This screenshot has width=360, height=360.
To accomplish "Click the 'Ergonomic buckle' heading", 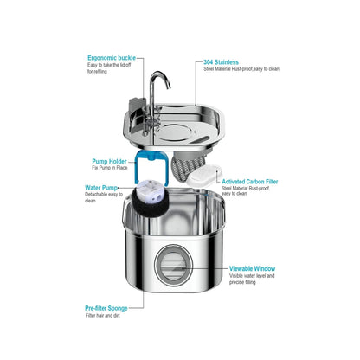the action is [112, 58].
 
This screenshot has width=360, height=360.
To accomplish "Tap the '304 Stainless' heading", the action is [221, 62].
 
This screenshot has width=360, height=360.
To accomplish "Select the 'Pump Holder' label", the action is [109, 161].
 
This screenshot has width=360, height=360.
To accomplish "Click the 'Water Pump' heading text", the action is [101, 188].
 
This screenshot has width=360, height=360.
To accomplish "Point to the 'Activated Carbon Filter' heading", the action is [250, 182].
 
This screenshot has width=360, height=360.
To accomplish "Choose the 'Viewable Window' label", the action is [252, 269].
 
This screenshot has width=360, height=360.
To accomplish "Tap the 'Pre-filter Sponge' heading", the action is [106, 308].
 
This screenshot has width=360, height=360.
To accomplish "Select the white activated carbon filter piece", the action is [205, 175].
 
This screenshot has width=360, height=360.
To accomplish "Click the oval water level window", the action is [173, 266].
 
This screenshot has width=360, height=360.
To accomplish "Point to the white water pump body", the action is [150, 191].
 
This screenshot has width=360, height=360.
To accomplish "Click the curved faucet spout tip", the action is [169, 87].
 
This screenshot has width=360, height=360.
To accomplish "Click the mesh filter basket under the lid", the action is [188, 165].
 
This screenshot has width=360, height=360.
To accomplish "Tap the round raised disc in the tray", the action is [175, 132].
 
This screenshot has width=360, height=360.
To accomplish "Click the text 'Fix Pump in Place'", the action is [110, 168].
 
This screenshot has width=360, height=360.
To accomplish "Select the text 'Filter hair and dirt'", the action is [102, 316].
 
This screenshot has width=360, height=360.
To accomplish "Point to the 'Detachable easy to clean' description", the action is [104, 197].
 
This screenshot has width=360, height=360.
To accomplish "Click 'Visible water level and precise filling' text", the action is [252, 279].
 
